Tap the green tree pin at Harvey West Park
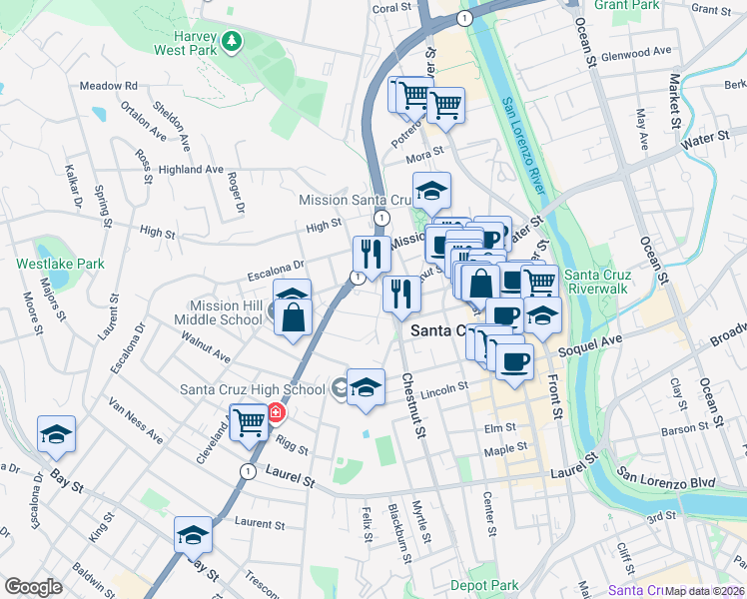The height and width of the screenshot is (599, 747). click(x=233, y=41)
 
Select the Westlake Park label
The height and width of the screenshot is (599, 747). click(x=60, y=264)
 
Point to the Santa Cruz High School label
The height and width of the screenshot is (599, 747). click(x=252, y=389)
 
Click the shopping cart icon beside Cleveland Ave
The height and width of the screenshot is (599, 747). click(x=248, y=421)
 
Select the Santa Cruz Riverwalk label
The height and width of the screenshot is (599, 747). click(x=599, y=283)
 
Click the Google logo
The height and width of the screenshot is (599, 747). click(x=33, y=587)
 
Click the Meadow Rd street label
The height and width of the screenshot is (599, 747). click(x=107, y=86)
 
